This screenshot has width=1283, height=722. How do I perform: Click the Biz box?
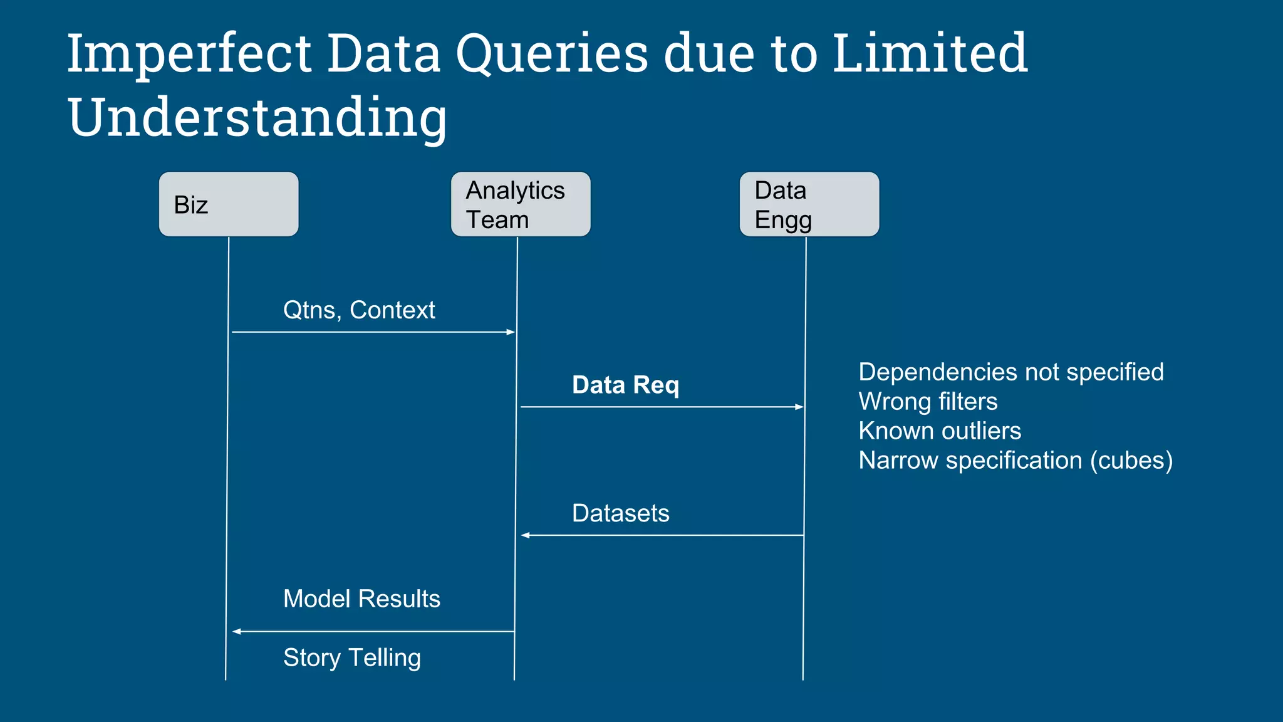point(229,204)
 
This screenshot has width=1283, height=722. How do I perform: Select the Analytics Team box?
point(521,204)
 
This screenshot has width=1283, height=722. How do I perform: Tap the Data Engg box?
point(809,204)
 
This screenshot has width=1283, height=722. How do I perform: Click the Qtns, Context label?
point(359,310)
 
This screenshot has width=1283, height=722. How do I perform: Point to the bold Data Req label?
point(625,385)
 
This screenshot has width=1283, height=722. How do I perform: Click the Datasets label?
point(620,513)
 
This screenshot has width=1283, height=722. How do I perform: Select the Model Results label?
point(361,599)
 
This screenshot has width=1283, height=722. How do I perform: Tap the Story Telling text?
point(352,657)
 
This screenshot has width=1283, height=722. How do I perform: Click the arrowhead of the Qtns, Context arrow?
point(511,332)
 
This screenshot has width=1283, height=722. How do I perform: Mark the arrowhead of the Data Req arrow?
point(799,407)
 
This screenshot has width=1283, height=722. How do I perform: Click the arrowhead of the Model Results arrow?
point(237,631)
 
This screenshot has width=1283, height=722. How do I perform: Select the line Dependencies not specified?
point(1010,372)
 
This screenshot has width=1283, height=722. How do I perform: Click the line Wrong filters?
point(928,401)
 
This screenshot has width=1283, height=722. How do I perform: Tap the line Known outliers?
point(940,431)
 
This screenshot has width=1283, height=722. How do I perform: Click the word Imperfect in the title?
point(189,54)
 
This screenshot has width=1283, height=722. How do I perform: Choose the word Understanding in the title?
point(257,118)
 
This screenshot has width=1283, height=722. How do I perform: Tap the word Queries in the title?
point(551,54)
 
